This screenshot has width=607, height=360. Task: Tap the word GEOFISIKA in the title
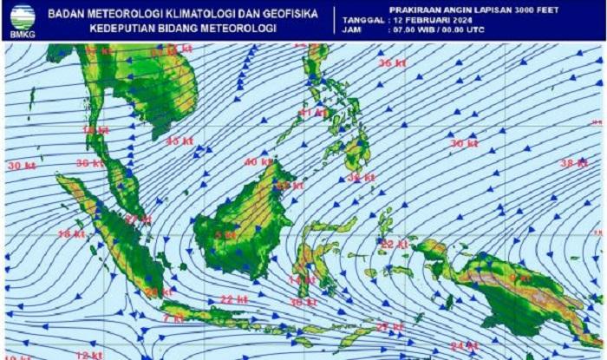(287, 14)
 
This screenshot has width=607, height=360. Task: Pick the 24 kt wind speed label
(465, 346)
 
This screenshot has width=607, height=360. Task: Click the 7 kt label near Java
(173, 318)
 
